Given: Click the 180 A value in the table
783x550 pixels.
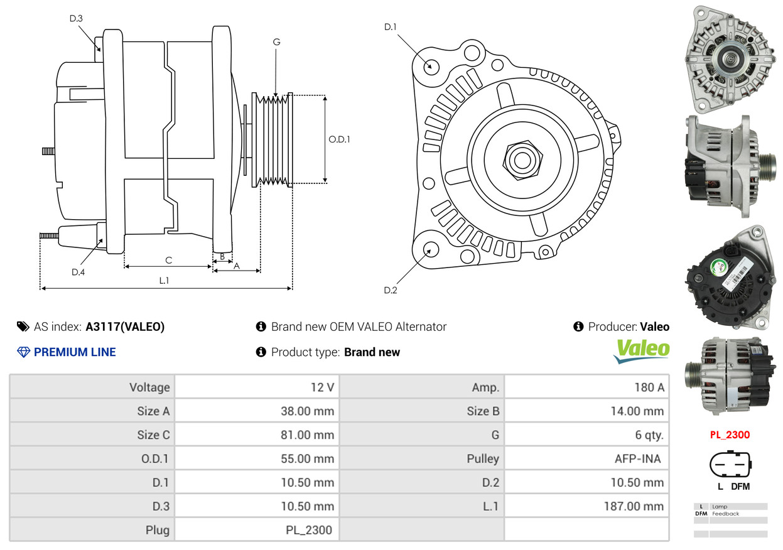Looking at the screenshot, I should point(649,387).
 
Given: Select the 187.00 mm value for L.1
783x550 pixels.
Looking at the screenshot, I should point(635,506).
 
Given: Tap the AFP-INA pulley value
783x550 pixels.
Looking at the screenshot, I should point(637,459).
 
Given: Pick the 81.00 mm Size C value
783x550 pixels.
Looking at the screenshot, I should point(307,435).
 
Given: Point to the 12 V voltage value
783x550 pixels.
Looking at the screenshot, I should point(322,387).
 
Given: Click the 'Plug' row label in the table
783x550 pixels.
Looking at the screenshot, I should point(157,530).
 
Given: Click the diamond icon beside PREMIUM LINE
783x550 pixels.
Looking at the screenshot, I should point(23,352).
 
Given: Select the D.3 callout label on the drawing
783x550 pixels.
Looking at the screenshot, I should point(76,19).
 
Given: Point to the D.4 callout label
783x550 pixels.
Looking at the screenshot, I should point(78,272).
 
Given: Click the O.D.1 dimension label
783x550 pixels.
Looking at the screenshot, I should point(339,139).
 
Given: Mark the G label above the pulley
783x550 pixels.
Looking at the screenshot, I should point(276,42).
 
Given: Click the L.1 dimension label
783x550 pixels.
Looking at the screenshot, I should point(163,281).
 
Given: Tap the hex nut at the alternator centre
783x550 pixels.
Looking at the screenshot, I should point(521,159).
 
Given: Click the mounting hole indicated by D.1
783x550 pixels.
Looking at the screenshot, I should point(431,65).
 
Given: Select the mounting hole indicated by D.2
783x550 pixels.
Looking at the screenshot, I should point(430,249).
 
